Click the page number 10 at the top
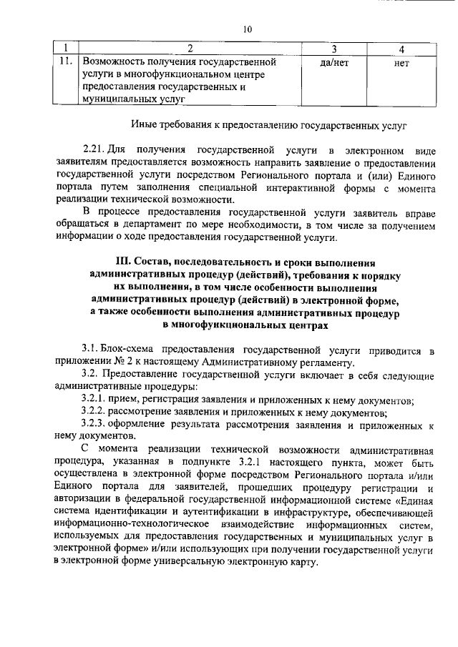point(248,29)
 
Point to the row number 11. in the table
point(67,61)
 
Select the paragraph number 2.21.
point(94,152)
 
